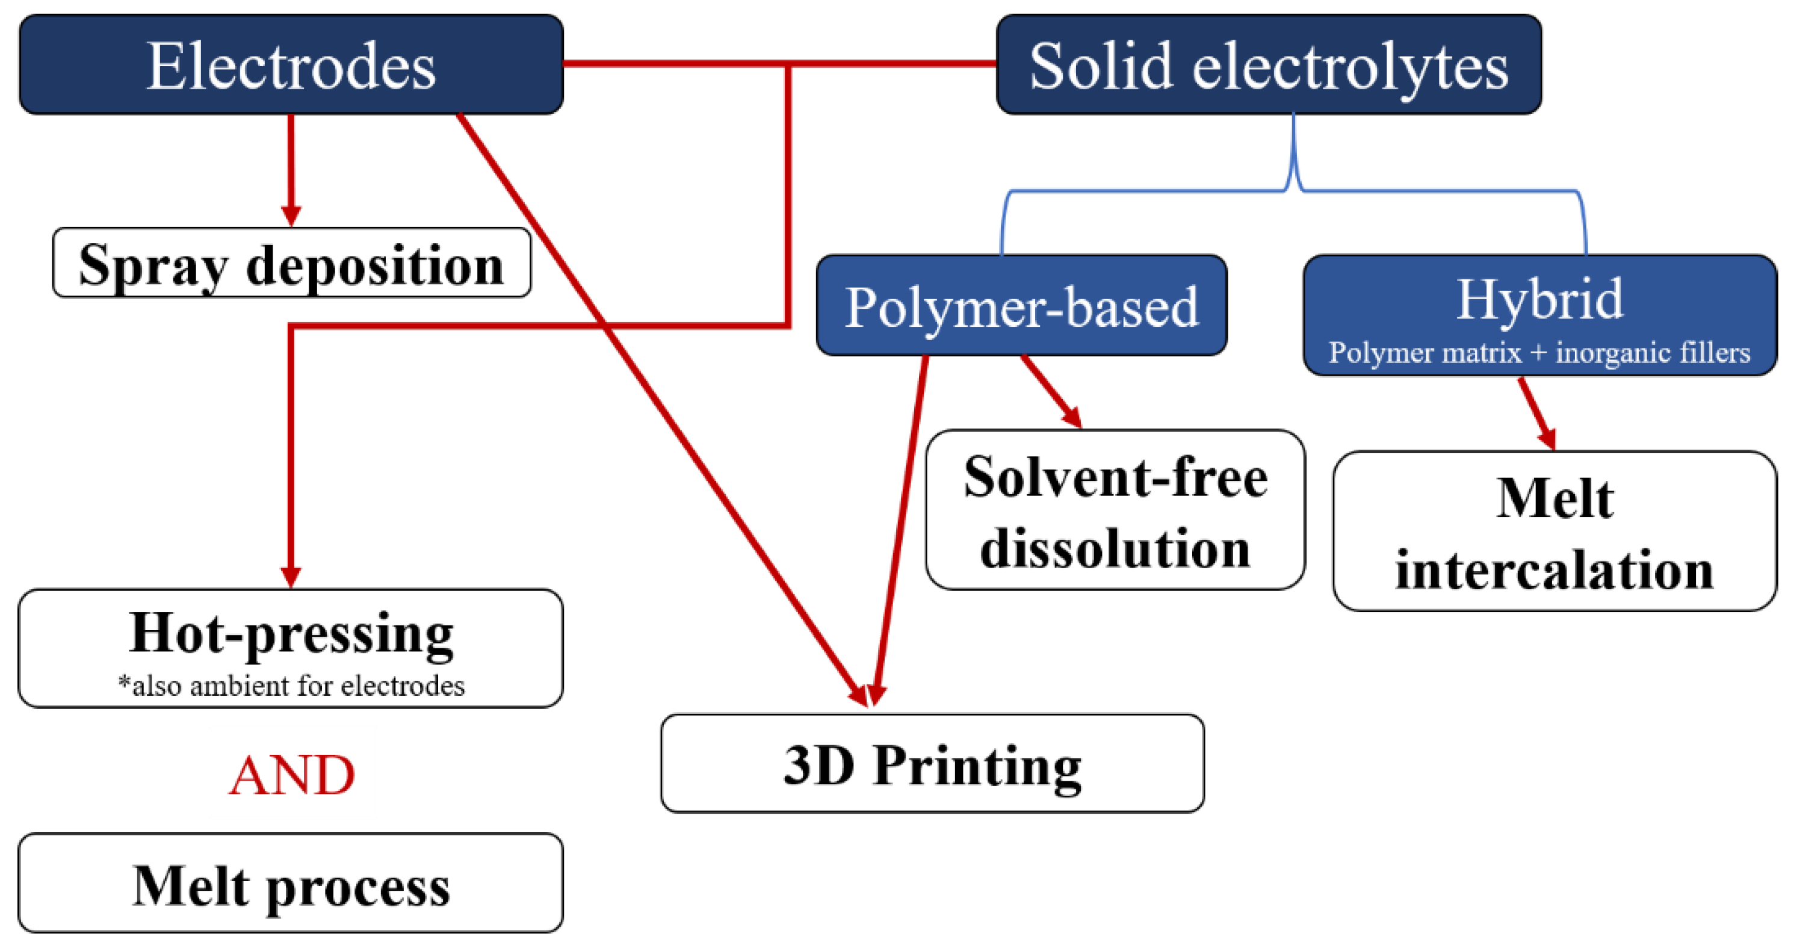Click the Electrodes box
[x=291, y=65]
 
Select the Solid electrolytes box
[x=1268, y=65]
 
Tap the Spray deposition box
[x=291, y=264]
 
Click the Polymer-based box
[x=1021, y=306]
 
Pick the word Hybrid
[x=1539, y=300]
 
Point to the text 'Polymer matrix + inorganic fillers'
[x=1539, y=353]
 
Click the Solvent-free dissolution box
[x=1115, y=510]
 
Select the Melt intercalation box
[x=1554, y=531]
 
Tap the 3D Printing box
[x=932, y=764]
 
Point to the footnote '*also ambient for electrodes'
[x=291, y=686]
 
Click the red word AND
[x=291, y=775]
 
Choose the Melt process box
[x=291, y=884]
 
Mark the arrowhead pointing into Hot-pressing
[x=291, y=577]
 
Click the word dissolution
[x=1115, y=549]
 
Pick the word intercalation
[x=1554, y=571]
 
